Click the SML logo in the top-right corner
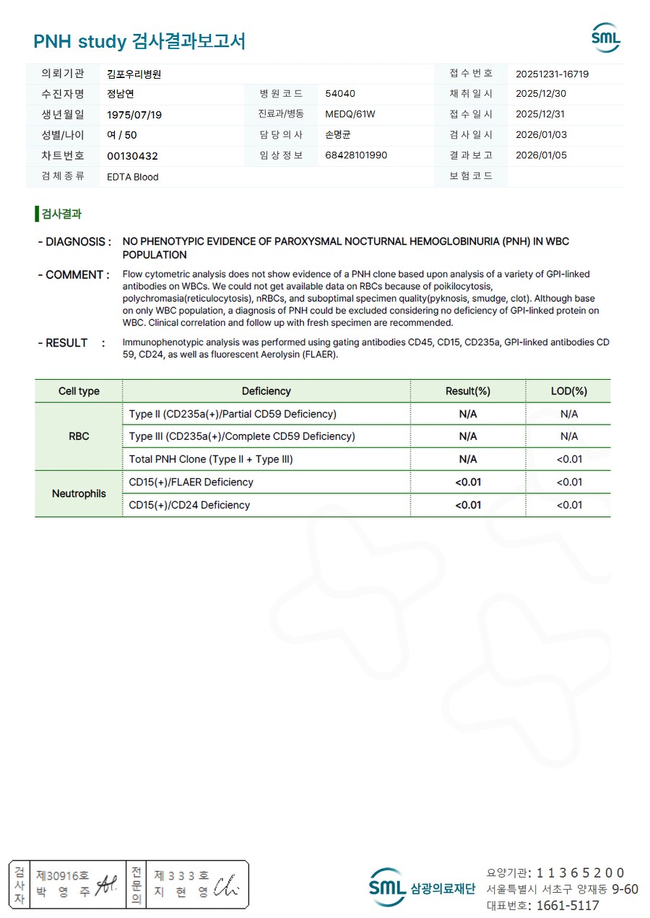tap(605, 38)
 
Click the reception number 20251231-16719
tap(552, 74)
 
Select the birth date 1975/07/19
tap(134, 115)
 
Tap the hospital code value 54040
tap(340, 94)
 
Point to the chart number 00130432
tap(132, 156)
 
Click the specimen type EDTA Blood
tap(132, 177)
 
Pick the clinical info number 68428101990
tap(356, 155)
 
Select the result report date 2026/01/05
tap(540, 155)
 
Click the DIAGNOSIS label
tap(74, 242)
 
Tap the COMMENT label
tap(74, 275)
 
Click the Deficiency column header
tap(266, 391)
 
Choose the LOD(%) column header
tap(568, 391)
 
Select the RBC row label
tap(79, 436)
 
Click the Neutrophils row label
tap(79, 494)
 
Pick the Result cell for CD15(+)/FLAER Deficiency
tap(468, 482)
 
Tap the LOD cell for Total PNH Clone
tap(568, 459)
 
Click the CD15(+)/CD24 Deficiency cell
tap(189, 506)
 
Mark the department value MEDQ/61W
tap(350, 114)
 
